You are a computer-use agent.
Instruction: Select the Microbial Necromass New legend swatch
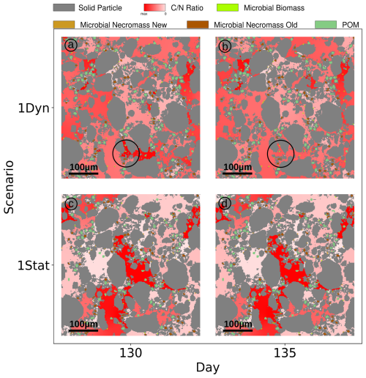65,25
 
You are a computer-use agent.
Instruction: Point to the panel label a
71,45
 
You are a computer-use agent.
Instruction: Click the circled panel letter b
225,45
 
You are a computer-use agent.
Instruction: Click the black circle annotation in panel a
127,153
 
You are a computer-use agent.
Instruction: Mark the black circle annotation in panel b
280,153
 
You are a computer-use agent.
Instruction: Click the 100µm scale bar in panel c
84,328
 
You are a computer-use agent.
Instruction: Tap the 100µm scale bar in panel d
238,328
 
